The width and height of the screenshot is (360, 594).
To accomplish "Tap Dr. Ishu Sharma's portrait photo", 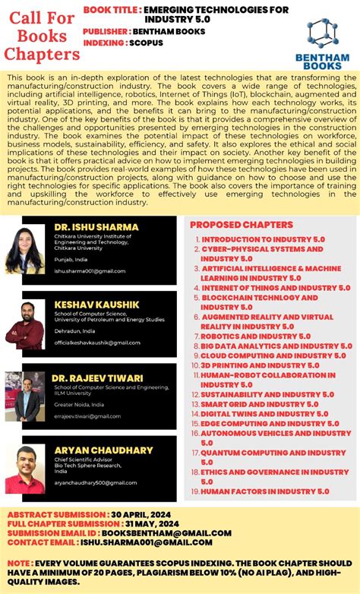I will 25,249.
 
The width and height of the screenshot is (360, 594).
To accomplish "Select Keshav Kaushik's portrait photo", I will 24,325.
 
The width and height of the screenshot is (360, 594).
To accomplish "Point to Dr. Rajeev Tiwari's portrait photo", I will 24,396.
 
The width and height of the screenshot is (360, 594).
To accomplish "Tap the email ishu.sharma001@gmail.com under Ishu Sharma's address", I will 90,271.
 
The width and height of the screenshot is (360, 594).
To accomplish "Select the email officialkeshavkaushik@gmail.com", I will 93,343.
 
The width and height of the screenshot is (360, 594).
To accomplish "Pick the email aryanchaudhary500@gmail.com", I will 93,472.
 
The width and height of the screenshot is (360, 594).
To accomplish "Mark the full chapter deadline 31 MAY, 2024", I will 152,523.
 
